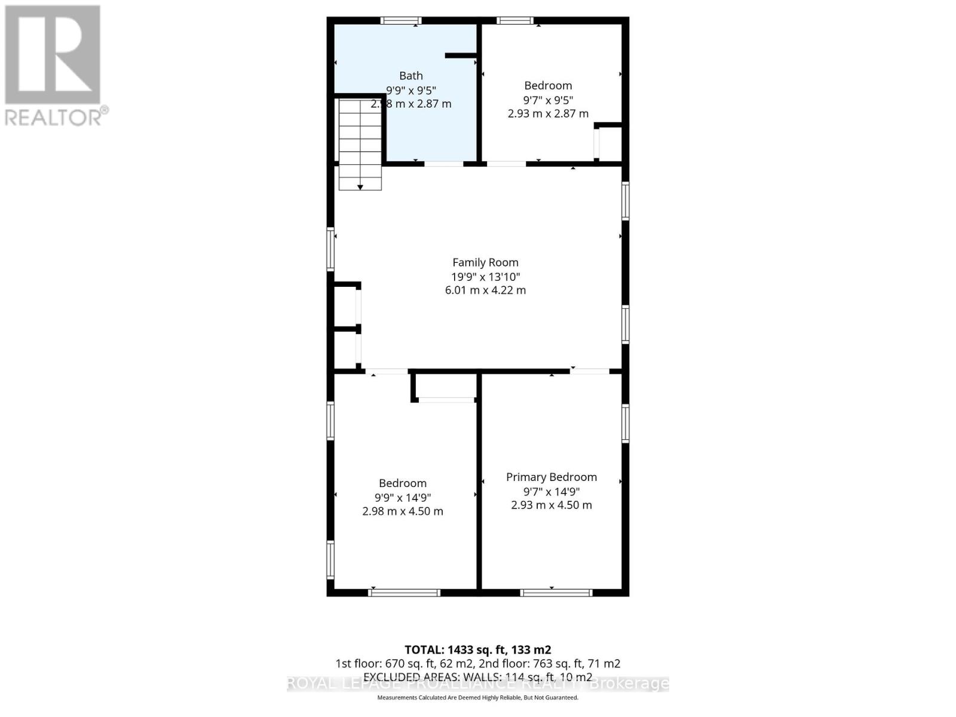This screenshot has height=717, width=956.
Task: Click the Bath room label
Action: click(410, 76)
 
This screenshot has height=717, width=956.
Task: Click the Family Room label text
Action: click(485, 262)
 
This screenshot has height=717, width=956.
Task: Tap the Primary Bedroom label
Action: click(551, 477)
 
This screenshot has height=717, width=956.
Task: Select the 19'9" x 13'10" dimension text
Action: click(485, 277)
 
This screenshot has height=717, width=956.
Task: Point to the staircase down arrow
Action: click(360, 186)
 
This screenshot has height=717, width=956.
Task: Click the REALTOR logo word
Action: click(54, 117)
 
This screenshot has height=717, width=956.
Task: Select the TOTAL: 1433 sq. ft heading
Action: click(477, 649)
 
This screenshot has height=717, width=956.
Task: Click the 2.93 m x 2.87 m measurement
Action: click(548, 114)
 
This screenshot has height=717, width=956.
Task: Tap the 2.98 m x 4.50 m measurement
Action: click(402, 511)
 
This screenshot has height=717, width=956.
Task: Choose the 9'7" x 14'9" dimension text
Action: click(551, 492)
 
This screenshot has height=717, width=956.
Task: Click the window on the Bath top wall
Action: click(401, 21)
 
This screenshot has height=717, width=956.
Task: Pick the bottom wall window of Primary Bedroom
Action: click(556, 593)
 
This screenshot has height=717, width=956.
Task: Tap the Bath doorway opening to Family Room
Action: click(443, 163)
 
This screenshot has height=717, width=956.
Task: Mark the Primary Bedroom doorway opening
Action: click(589, 372)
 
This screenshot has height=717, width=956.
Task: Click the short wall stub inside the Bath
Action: click(460, 56)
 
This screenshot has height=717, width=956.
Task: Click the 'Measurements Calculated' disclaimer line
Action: click(477, 697)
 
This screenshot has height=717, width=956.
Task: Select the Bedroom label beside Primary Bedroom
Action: click(402, 483)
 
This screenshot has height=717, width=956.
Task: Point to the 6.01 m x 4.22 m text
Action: click(485, 290)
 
